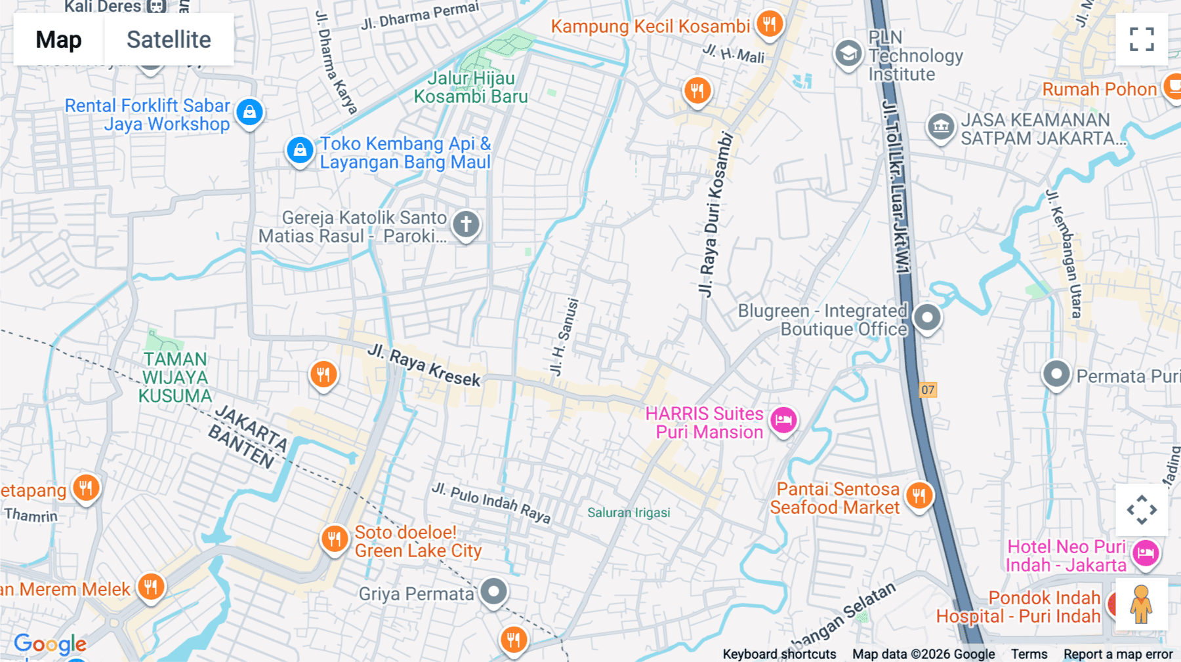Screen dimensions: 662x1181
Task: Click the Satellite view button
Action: [169, 40]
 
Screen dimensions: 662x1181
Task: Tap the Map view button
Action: [59, 40]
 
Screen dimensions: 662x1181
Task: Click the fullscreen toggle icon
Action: [1142, 39]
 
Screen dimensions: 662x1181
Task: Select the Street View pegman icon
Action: [1141, 604]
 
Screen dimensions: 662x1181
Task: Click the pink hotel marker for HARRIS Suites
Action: [783, 420]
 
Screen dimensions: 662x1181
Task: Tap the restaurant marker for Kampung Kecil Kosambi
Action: [769, 24]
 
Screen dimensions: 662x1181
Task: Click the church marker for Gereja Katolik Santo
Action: [466, 224]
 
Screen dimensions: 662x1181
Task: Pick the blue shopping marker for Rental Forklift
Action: [249, 112]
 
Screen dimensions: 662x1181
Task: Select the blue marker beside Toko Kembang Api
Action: [300, 150]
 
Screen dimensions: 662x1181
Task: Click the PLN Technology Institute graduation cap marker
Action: [848, 54]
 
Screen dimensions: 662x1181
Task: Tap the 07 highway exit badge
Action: [928, 390]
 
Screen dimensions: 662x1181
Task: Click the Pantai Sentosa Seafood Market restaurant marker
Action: [919, 496]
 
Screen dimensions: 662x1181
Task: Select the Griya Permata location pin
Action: [493, 591]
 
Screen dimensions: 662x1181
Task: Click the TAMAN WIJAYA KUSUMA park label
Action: [175, 378]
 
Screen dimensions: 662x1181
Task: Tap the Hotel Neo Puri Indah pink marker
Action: [1146, 553]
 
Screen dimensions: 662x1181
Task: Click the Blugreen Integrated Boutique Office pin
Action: [927, 318]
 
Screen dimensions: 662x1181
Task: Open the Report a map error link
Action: [1117, 654]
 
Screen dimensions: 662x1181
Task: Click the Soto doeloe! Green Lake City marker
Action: [335, 539]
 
